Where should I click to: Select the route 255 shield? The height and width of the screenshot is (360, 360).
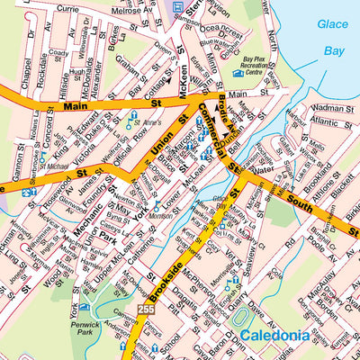[x=146, y=310]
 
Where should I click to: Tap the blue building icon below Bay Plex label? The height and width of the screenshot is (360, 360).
[x=238, y=74]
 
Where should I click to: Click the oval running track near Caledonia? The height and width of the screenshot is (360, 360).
[x=238, y=319]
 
